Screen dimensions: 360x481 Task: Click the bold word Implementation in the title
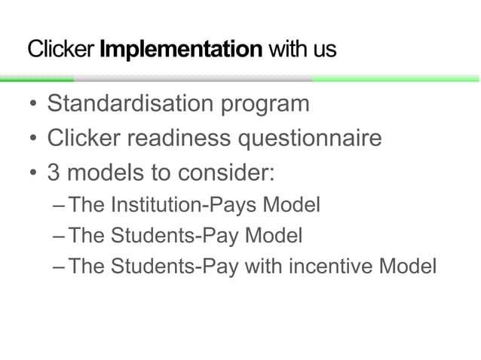(181, 50)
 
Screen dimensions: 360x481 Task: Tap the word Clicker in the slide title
(60, 50)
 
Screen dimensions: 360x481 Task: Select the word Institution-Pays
(197, 204)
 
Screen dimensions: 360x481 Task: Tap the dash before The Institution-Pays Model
(60, 206)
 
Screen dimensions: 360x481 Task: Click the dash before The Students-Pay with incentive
(60, 267)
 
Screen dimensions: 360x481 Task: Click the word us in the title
(326, 51)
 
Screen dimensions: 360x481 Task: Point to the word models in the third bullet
(103, 174)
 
